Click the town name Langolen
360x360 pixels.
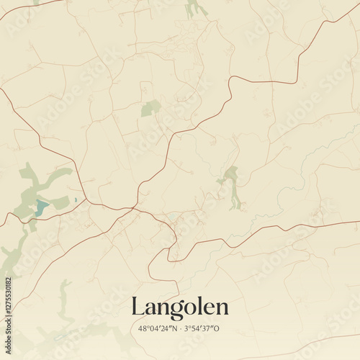[x=180, y=307]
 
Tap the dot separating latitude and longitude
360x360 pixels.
[x=180, y=329]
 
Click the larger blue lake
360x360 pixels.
[x=42, y=208]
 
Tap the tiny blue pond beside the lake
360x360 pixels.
[x=75, y=199]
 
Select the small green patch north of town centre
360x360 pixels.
[x=150, y=108]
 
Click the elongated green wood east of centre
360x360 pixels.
[x=233, y=186]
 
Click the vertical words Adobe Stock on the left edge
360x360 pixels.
[x=8, y=238]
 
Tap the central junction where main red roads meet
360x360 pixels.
[x=135, y=209]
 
